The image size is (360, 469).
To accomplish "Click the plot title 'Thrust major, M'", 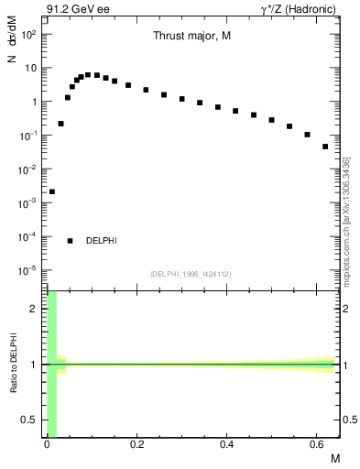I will [x=191, y=36].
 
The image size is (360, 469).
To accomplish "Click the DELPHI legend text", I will [x=102, y=241].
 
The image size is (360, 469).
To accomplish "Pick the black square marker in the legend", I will [x=71, y=241].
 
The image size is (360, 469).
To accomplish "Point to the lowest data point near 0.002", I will [x=52, y=191].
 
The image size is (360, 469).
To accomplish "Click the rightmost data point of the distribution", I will [x=325, y=146].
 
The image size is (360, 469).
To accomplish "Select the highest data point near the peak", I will [x=88, y=74].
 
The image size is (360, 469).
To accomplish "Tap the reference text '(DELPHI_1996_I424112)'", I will [x=191, y=273].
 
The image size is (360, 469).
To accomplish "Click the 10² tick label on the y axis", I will [x=27, y=34].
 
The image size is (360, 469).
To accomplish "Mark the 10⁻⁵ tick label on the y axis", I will [x=27, y=270].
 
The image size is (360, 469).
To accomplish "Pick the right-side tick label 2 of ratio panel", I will [x=347, y=310].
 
